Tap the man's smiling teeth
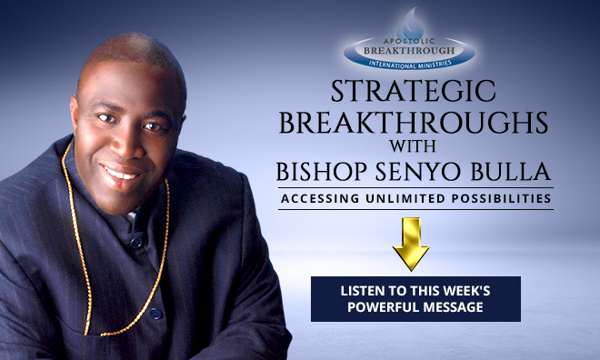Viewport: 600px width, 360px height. [122, 171]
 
